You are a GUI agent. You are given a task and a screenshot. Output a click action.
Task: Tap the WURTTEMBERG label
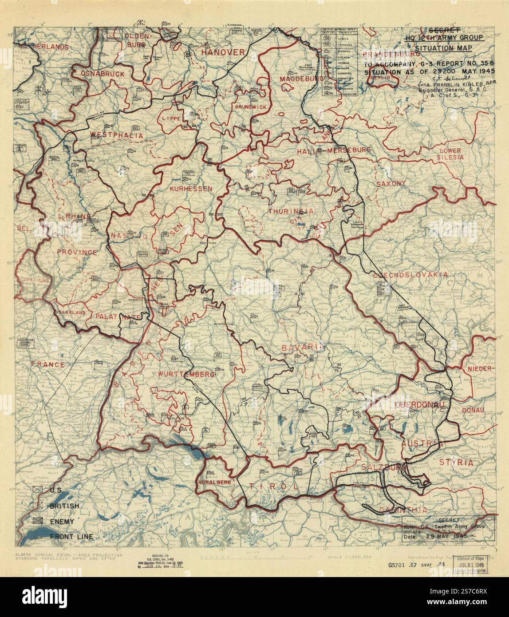pos(186,374)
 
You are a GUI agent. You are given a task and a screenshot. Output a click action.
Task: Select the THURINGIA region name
pos(291,211)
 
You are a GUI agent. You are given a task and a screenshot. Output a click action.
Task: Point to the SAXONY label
pos(391,183)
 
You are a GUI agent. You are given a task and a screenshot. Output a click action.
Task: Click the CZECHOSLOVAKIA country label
pos(410,275)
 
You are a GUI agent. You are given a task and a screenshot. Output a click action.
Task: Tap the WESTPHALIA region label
pos(110,135)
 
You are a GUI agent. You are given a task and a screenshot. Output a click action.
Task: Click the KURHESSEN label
pos(191,188)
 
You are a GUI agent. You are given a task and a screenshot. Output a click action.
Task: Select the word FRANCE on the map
pos(48,364)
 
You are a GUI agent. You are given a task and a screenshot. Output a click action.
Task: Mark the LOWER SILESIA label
pos(450,154)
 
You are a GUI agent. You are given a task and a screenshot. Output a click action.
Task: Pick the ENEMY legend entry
pos(62,522)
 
